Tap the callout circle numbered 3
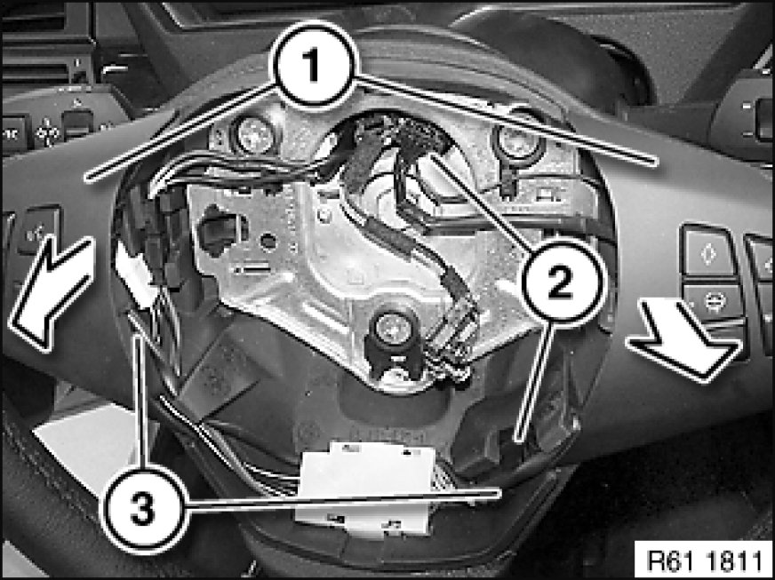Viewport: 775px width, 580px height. click(x=143, y=509)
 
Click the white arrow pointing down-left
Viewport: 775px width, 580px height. click(x=52, y=291)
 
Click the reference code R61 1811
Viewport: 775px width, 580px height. click(x=704, y=560)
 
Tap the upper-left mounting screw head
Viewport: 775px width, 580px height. click(x=256, y=135)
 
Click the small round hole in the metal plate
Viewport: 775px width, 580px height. click(x=268, y=242)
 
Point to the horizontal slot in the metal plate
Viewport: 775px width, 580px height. click(x=252, y=269)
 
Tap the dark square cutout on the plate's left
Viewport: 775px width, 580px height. click(x=218, y=231)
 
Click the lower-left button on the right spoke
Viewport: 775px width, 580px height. click(x=713, y=300)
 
